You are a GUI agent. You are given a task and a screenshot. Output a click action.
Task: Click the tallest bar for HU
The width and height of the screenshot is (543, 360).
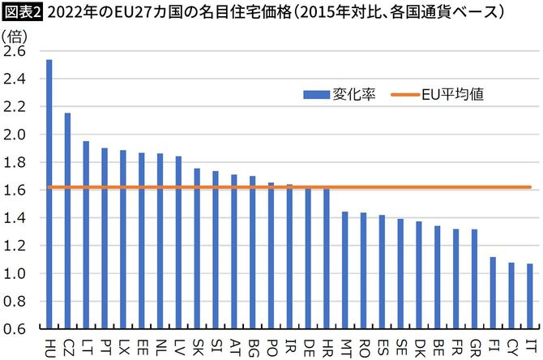[49, 195]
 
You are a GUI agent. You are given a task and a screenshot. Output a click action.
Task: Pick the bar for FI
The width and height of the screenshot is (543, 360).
[493, 293]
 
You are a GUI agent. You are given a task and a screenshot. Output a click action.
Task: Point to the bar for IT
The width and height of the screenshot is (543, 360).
[529, 296]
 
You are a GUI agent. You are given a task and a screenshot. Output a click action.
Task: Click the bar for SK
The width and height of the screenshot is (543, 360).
[197, 248]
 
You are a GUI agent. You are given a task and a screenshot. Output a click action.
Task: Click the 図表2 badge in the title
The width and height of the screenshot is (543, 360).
[22, 11]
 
